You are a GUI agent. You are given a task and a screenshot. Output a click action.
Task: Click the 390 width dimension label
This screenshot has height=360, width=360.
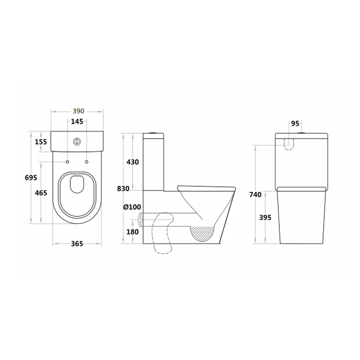[x=79, y=111]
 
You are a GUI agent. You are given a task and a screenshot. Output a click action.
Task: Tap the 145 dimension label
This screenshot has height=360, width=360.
[x=77, y=122]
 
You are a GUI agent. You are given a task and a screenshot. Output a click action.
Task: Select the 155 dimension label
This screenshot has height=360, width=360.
[x=41, y=142]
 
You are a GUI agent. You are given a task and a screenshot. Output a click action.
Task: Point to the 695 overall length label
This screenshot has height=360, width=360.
[x=31, y=177]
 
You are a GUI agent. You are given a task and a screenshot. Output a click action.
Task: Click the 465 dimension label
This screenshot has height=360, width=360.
[x=41, y=193]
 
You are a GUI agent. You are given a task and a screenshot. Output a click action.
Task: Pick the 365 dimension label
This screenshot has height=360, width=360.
[x=77, y=243]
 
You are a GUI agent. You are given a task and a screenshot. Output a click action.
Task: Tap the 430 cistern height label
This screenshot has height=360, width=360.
[x=133, y=162]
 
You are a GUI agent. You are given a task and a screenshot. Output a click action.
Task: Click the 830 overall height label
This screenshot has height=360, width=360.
[x=123, y=189]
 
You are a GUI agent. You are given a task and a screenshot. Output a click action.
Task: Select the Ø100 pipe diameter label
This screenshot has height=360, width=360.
[x=132, y=207]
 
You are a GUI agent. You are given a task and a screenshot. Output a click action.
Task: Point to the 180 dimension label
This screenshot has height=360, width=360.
[x=133, y=232]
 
